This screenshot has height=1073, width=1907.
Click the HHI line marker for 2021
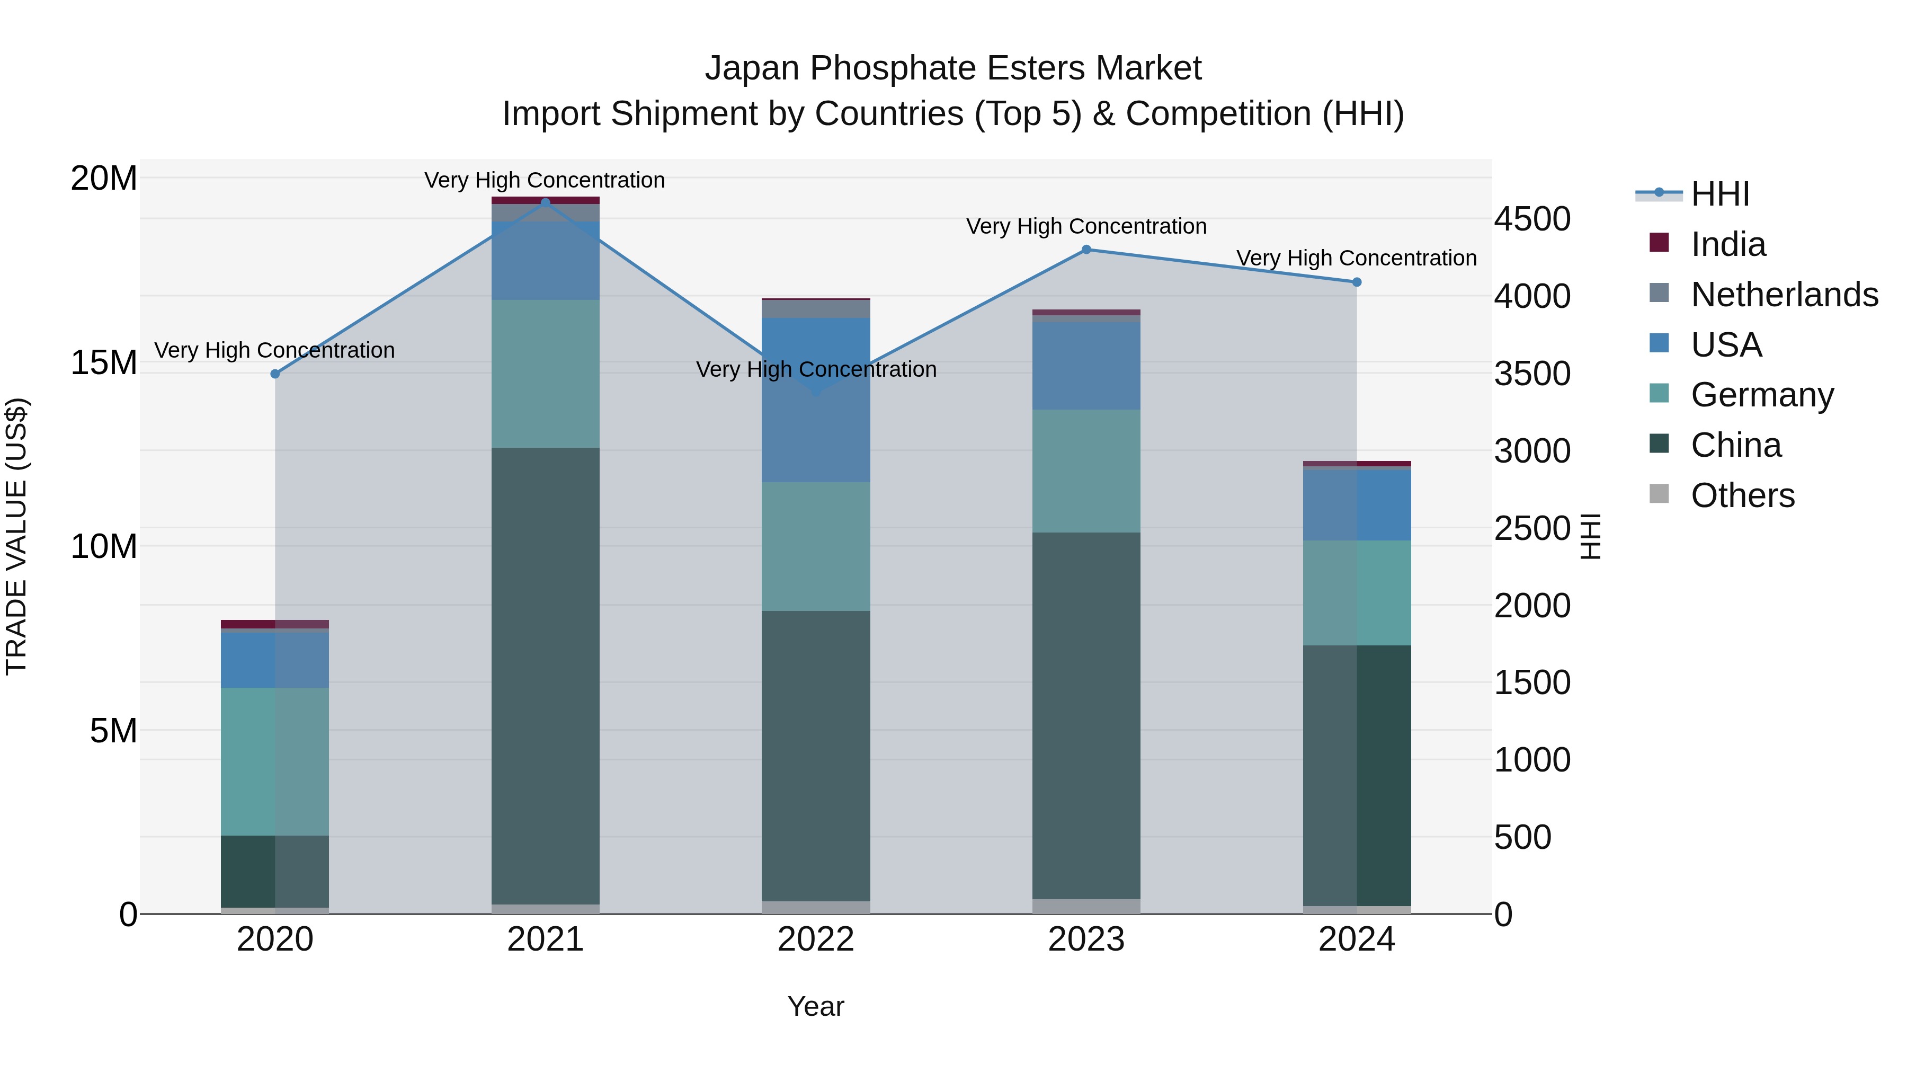[x=546, y=202]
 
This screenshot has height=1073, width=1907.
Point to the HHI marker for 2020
[x=275, y=374]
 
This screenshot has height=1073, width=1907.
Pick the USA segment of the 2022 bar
[x=816, y=400]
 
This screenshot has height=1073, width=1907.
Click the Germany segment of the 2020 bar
[x=275, y=761]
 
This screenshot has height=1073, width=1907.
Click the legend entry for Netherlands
[x=1784, y=295]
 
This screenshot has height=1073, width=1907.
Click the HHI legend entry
[x=1719, y=194]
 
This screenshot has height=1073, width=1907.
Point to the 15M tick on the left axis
[x=104, y=363]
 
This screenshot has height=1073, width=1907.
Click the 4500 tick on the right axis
[x=1531, y=219]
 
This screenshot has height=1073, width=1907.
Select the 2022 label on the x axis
[x=816, y=939]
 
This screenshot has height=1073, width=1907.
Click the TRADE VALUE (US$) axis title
[x=16, y=536]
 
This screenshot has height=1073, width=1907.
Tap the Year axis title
[x=816, y=1006]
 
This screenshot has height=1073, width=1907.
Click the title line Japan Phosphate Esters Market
[x=953, y=68]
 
